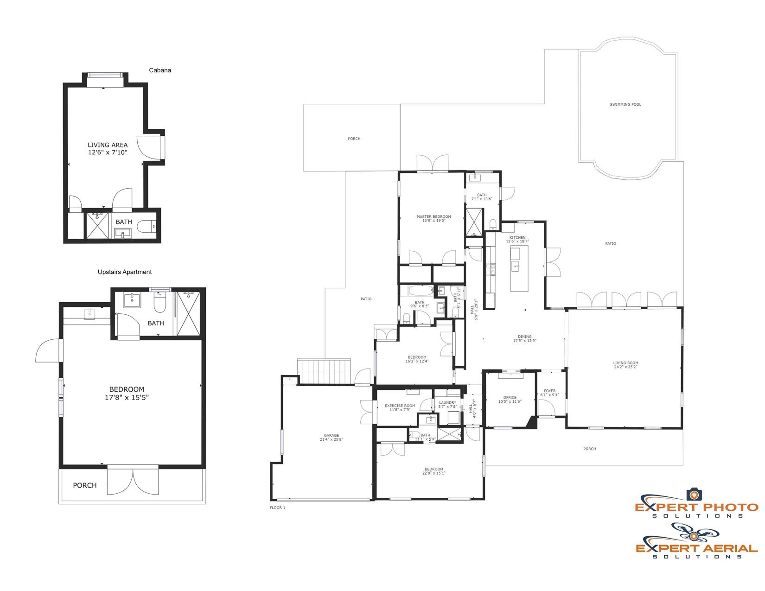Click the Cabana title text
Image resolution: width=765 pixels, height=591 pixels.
[x=160, y=70]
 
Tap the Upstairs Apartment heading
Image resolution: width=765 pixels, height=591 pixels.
[x=125, y=272]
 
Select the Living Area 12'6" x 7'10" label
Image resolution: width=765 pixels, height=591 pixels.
[x=108, y=148]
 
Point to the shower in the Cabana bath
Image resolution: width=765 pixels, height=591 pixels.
[x=98, y=226]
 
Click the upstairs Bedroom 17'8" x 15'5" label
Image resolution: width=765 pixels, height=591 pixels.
[x=127, y=394]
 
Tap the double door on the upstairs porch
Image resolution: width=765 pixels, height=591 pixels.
[x=133, y=482]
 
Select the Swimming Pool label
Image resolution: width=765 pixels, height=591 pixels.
[x=625, y=105]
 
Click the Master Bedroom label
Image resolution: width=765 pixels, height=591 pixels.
[x=433, y=219]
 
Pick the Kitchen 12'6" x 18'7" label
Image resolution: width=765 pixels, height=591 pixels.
[x=517, y=240]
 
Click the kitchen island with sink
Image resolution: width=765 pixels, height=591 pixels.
[x=519, y=269]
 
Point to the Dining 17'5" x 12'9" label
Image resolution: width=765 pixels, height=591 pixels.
[x=524, y=339]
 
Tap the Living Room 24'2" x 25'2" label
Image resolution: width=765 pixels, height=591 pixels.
[x=625, y=365]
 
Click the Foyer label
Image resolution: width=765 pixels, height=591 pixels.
[x=549, y=393]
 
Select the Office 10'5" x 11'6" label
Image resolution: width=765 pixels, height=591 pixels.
[x=510, y=400]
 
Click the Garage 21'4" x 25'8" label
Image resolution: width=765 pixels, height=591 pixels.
[x=331, y=438]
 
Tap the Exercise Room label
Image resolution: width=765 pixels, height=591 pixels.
[x=400, y=408]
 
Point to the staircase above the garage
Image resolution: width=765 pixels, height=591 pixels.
[x=324, y=371]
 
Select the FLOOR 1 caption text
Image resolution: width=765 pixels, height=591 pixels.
[x=277, y=508]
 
